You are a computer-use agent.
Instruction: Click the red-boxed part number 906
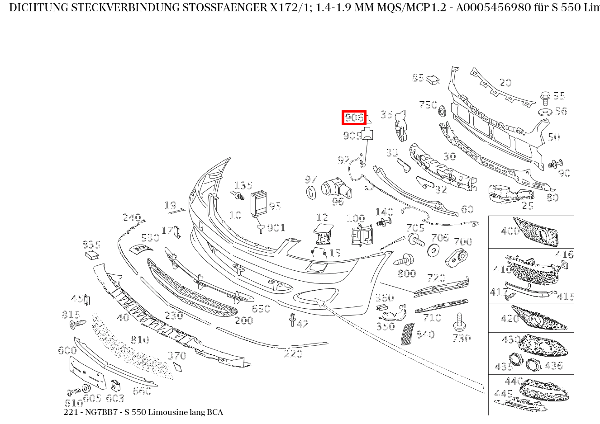point(353,118)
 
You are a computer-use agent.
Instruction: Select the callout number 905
point(352,136)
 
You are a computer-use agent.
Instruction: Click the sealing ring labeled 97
point(311,192)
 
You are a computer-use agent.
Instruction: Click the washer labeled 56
point(545,112)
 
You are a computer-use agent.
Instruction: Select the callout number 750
point(428,105)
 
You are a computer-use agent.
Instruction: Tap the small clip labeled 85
point(433,79)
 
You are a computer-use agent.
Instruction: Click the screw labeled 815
point(77,324)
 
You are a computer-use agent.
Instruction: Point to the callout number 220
point(293,353)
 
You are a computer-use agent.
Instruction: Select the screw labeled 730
point(460,322)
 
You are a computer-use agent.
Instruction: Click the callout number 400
point(510,231)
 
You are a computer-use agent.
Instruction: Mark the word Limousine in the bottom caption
point(167,412)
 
